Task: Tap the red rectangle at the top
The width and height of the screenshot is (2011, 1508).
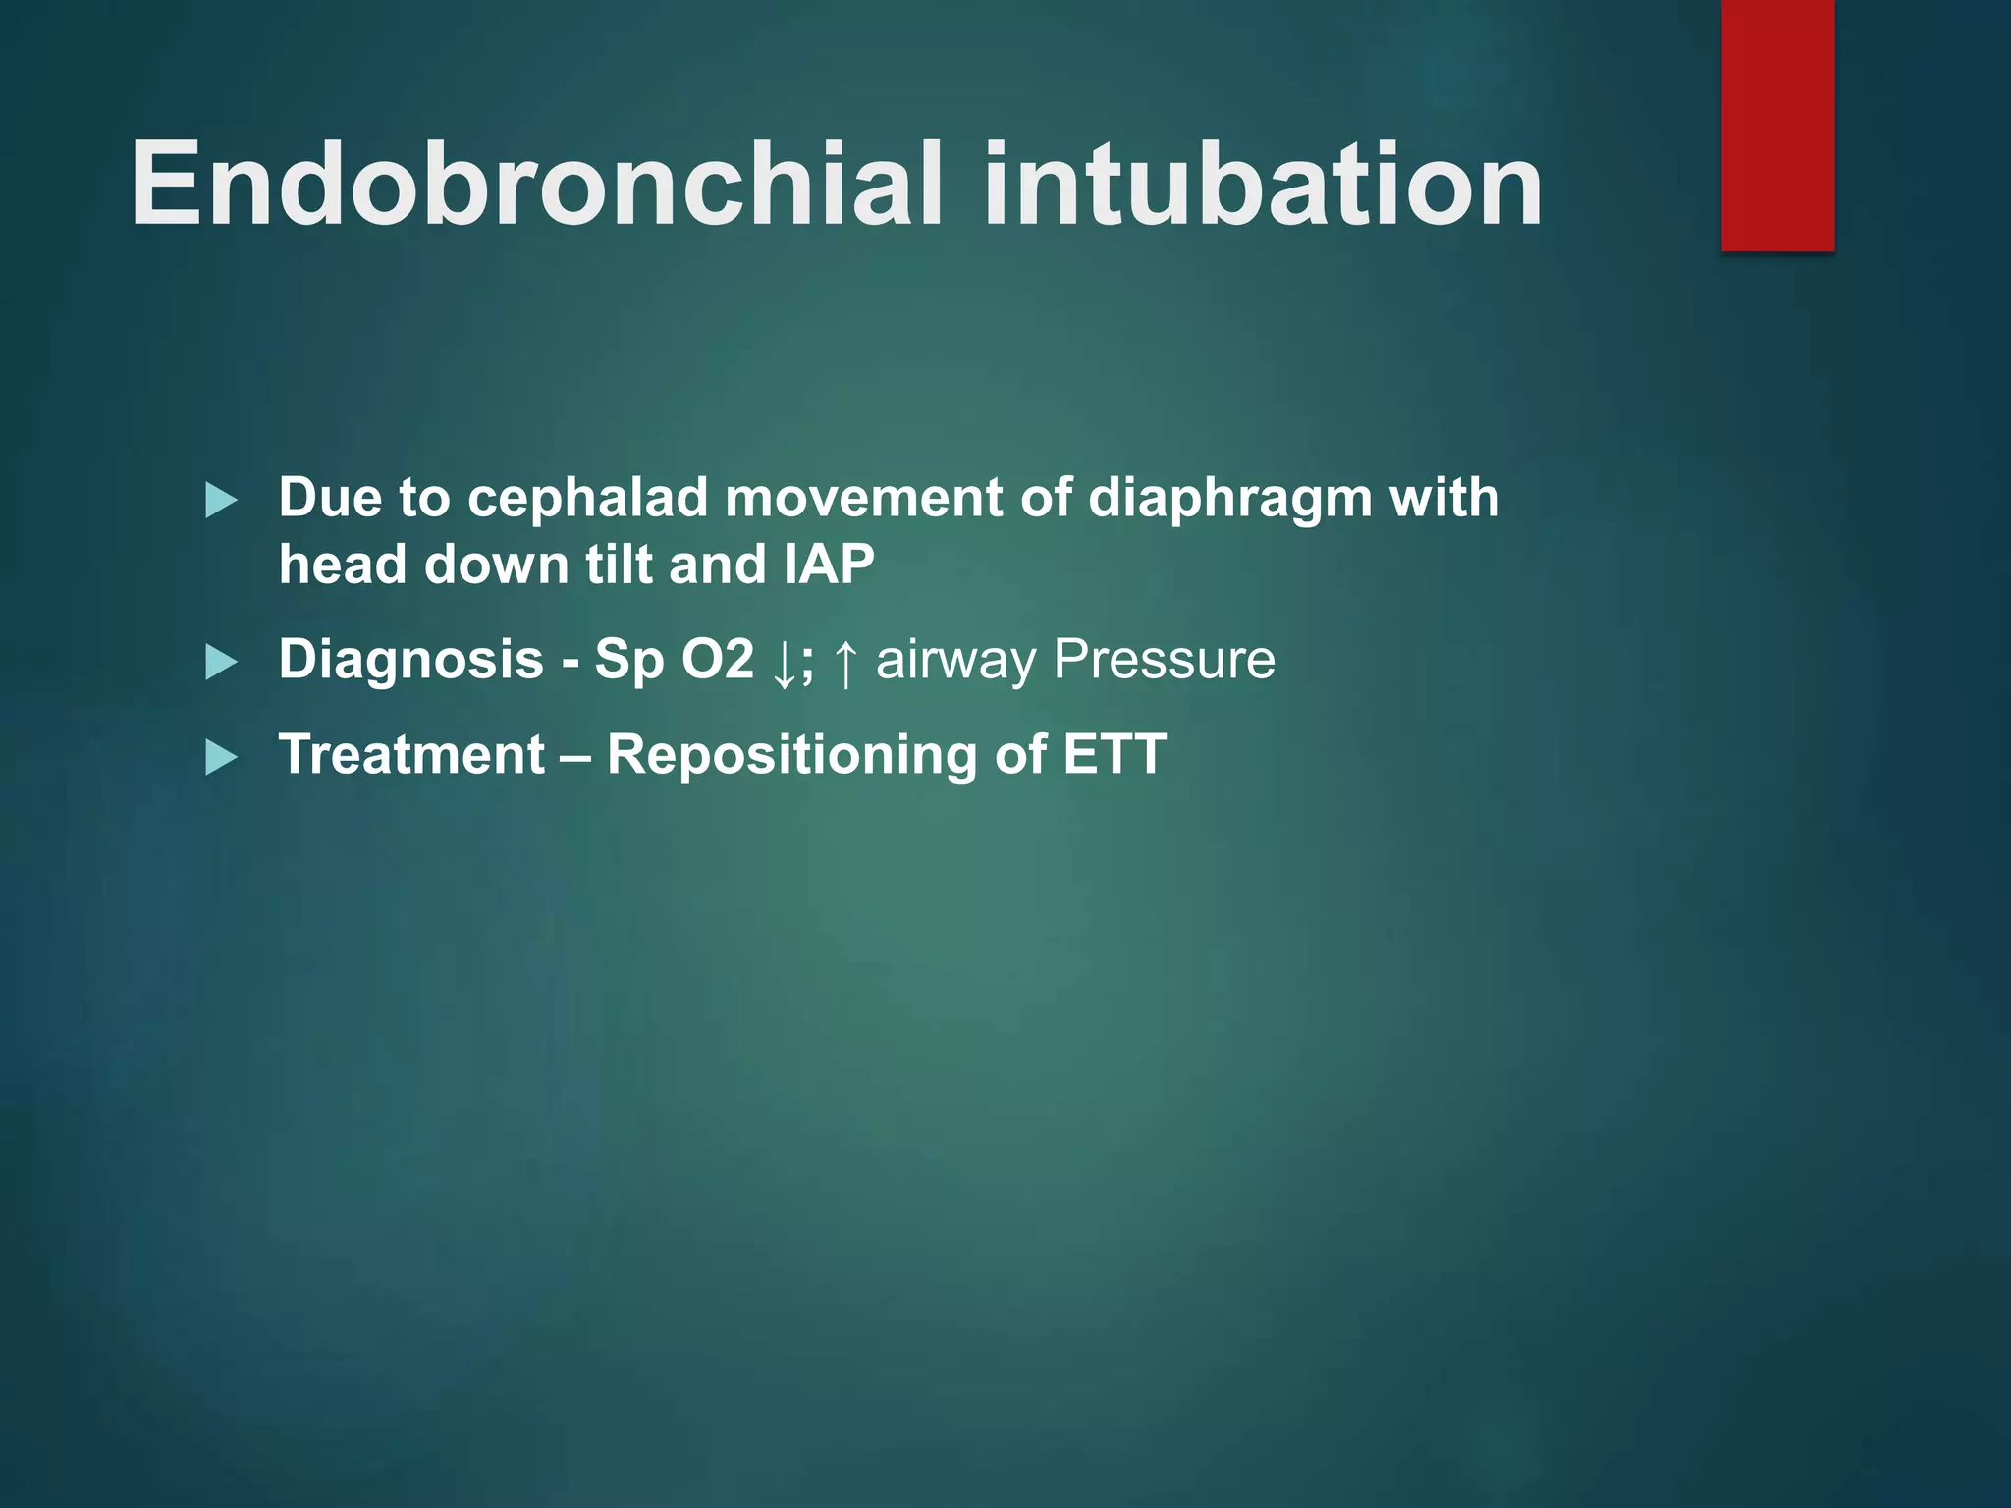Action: [1777, 125]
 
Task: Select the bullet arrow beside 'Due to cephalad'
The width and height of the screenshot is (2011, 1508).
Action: [221, 502]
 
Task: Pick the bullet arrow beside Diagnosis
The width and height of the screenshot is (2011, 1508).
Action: [221, 663]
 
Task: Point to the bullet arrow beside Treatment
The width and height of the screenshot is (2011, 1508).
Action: [221, 758]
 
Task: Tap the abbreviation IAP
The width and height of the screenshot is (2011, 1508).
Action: [829, 565]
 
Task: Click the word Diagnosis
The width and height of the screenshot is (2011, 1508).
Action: [410, 660]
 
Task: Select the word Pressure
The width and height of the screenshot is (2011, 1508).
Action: [1164, 660]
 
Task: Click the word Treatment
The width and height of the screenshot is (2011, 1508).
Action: [411, 755]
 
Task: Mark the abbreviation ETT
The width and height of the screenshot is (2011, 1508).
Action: [1114, 755]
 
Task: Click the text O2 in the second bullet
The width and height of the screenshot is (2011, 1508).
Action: [718, 660]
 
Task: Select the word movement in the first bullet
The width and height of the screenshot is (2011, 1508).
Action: [862, 498]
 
